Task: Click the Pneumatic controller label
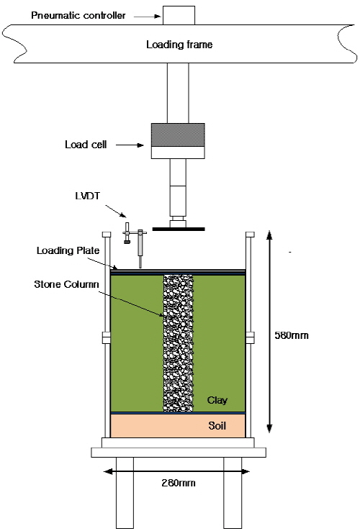point(78,16)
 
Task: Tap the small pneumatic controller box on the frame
point(179,15)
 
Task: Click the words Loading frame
point(179,45)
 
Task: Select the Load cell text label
point(86,145)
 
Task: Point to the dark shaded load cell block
point(178,135)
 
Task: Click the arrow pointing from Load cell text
point(130,145)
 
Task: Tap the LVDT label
point(87,196)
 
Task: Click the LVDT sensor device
point(135,244)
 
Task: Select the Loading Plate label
point(68,250)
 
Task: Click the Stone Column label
point(66,284)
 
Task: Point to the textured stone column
point(178,343)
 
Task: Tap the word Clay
point(217,400)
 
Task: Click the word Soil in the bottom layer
point(217,426)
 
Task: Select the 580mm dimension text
point(292,335)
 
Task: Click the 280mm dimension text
point(179,483)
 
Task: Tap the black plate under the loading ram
point(179,230)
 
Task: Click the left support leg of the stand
point(125,493)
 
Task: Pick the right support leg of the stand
point(233,493)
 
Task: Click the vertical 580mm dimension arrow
point(269,332)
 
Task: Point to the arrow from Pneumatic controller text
point(147,16)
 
